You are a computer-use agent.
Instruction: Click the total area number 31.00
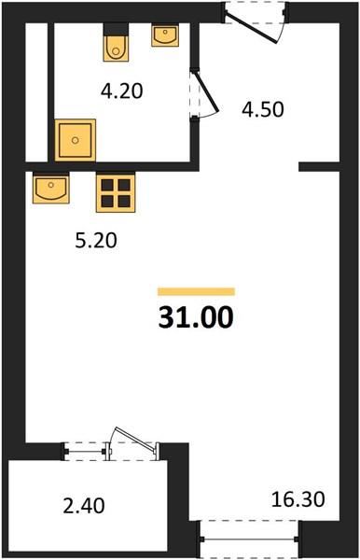tap(196, 317)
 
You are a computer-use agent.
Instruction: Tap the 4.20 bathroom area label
tap(121, 91)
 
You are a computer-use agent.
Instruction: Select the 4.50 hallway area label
tap(263, 109)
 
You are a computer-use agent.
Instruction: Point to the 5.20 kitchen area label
tap(96, 241)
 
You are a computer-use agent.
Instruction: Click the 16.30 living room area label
tap(298, 499)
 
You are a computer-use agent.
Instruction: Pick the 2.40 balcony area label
tap(84, 506)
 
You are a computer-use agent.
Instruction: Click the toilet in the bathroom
tap(116, 48)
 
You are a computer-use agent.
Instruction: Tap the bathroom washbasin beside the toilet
tap(165, 35)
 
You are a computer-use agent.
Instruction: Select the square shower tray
tap(76, 140)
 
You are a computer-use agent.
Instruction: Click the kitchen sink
tap(51, 188)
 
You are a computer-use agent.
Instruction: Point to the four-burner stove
tap(116, 193)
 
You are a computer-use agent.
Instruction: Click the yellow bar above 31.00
tap(196, 291)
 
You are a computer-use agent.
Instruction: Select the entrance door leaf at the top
tap(252, 28)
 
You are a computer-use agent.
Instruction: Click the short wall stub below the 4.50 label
tap(319, 166)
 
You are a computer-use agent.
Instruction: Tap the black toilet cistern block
tap(116, 29)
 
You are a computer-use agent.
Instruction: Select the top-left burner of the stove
tap(107, 185)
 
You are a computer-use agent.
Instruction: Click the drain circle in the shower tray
tap(75, 140)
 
